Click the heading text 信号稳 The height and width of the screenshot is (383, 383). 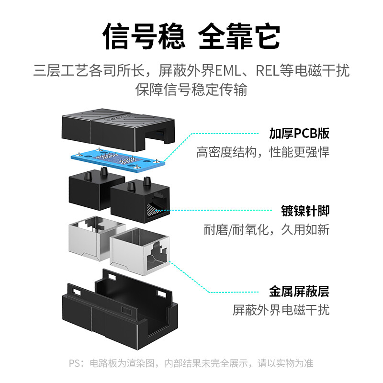(144, 36)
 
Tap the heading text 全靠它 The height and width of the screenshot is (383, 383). (239, 36)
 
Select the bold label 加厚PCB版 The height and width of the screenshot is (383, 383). (299, 133)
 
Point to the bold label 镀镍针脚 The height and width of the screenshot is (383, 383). (305, 210)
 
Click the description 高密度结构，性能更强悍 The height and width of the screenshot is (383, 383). (263, 153)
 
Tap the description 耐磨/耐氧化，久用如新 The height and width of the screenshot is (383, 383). (266, 230)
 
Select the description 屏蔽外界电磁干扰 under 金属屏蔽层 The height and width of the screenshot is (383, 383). (281, 310)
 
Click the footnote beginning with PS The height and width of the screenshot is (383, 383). (191, 363)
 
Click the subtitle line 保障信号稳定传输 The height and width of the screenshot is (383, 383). (191, 90)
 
